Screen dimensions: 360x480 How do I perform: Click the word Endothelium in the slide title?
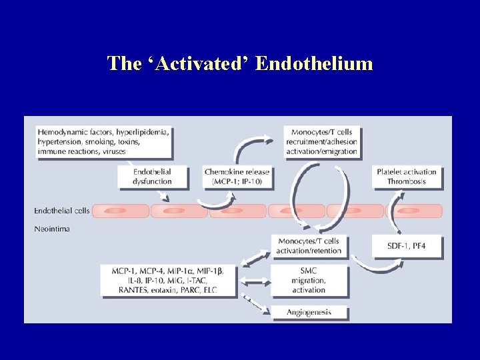point(313,64)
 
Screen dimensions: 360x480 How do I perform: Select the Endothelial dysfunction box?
point(152,176)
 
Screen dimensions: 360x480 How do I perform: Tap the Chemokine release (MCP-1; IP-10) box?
point(237,176)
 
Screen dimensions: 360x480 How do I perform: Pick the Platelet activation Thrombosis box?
point(407,176)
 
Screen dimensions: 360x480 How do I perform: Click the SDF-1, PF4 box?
point(407,246)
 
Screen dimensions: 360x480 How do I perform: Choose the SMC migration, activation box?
point(309,281)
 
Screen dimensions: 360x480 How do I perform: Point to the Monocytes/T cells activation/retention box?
point(309,245)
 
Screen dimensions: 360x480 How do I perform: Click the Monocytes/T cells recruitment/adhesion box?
point(321,141)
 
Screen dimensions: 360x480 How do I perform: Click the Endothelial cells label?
point(62,211)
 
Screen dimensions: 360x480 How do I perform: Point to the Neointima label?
point(51,228)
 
